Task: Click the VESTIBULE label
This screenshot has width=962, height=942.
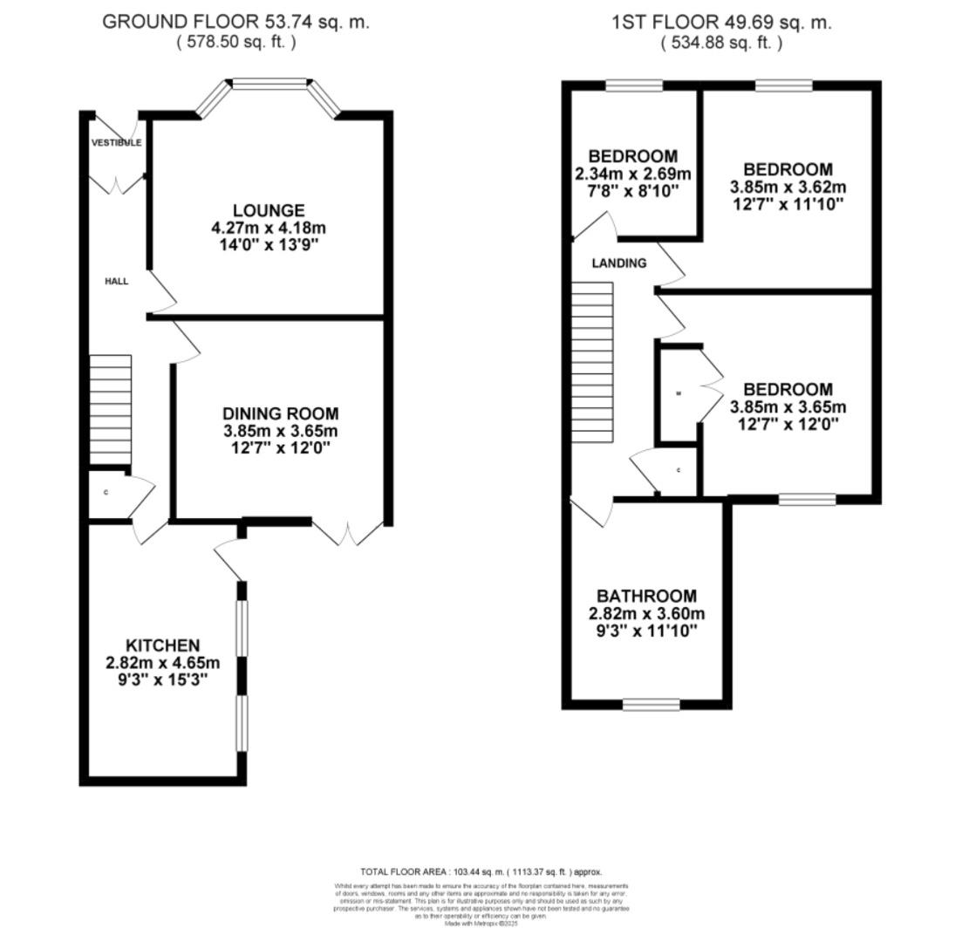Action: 117,142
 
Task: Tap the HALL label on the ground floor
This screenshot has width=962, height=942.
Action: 117,281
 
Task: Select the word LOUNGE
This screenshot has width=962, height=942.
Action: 269,210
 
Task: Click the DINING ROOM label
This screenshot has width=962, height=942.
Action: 280,413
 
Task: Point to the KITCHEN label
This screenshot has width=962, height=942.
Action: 163,645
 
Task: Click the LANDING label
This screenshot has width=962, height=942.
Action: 619,263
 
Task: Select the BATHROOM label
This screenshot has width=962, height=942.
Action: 646,596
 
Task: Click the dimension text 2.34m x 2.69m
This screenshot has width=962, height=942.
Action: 632,174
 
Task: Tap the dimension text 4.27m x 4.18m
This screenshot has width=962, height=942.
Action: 269,228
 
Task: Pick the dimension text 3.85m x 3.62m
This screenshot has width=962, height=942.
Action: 788,187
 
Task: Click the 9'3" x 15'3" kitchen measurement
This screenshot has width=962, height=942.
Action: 163,679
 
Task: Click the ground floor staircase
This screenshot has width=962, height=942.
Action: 111,409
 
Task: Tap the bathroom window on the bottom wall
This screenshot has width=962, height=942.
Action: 651,704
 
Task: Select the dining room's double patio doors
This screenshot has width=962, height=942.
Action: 348,532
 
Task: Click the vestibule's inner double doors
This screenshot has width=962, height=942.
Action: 118,183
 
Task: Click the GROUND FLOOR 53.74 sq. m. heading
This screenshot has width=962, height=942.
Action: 235,22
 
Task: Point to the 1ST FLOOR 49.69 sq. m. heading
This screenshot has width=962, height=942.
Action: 721,22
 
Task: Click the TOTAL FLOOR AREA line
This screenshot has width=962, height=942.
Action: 481,871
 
